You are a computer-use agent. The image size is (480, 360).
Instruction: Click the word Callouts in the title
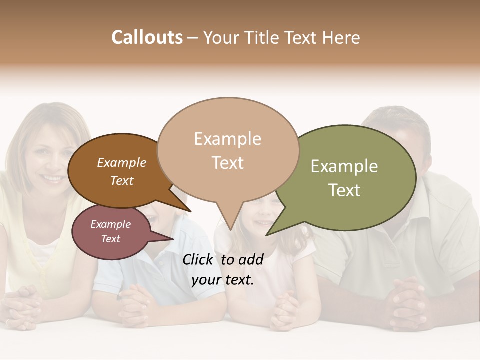147,37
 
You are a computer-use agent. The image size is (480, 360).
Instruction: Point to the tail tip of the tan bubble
230,229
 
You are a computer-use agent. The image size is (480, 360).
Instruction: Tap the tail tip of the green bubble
267,234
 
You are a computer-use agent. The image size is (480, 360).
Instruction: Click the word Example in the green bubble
344,166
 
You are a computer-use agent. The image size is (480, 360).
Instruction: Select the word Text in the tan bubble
227,163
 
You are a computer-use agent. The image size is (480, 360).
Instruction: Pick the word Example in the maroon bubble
110,224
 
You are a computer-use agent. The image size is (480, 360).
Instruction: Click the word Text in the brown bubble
121,180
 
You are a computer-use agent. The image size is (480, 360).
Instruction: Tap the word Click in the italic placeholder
198,259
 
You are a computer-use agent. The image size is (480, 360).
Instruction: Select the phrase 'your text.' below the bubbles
222,280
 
